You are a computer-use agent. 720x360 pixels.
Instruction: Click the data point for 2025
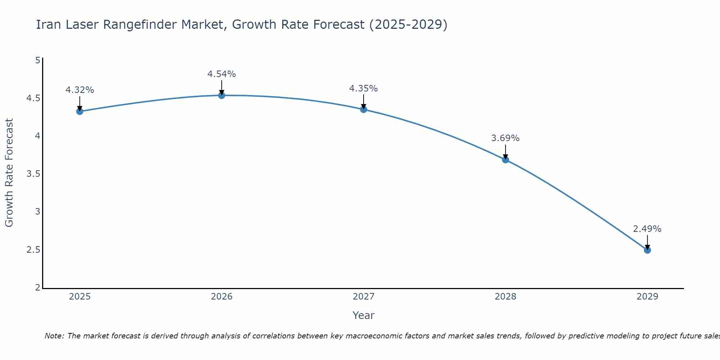(x=80, y=112)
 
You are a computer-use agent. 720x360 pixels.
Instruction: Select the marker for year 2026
(x=222, y=95)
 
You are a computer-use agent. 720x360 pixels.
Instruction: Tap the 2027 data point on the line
(x=364, y=109)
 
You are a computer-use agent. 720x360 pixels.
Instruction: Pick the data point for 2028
(x=505, y=160)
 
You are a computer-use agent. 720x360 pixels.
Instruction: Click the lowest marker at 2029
(x=647, y=250)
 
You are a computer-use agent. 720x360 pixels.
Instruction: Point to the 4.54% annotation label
(x=222, y=74)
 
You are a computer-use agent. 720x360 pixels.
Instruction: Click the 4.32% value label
(x=80, y=90)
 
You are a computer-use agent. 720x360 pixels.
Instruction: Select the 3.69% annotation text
(x=505, y=138)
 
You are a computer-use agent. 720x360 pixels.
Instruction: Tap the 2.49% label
(x=647, y=229)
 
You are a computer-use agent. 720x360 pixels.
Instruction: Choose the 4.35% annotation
(x=364, y=89)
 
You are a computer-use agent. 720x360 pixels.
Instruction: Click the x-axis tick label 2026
(x=222, y=297)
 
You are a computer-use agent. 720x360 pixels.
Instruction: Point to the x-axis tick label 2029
(x=647, y=297)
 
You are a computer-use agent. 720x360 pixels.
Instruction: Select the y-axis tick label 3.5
(x=33, y=174)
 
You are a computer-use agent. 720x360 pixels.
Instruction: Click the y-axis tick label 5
(x=37, y=60)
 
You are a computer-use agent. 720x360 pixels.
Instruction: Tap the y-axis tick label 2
(x=37, y=288)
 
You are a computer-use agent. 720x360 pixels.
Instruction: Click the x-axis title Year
(x=364, y=315)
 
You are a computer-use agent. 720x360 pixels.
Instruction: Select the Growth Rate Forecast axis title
(x=9, y=173)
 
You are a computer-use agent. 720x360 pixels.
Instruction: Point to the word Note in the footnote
(x=54, y=336)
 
